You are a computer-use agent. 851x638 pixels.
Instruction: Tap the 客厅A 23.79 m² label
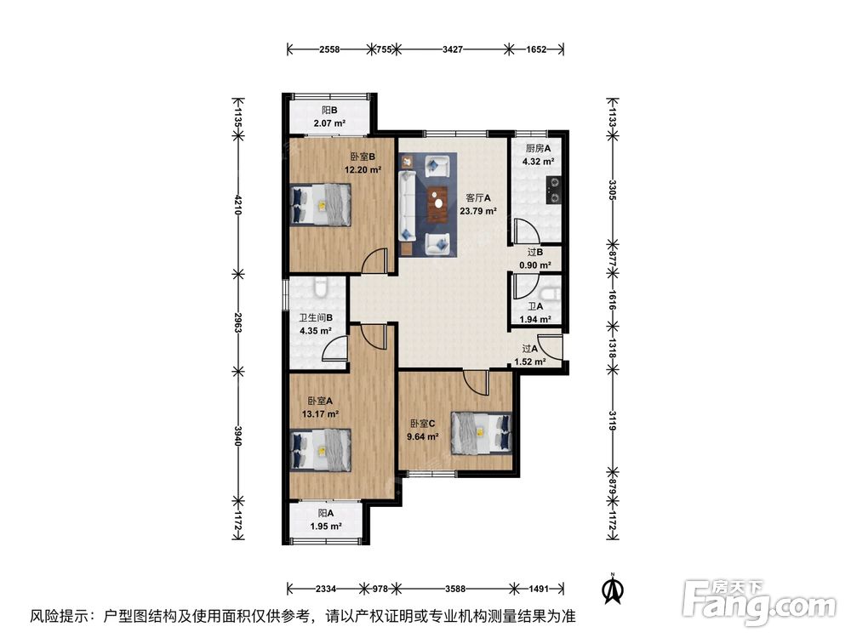pos(477,204)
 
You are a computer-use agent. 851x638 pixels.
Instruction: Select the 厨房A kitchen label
pos(539,154)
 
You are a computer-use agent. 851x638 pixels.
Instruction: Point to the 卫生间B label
pos(314,324)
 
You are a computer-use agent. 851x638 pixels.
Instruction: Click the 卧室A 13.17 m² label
pos(321,407)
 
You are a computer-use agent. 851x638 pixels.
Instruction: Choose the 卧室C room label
pos(422,430)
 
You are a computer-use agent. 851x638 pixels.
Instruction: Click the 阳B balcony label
pos(328,117)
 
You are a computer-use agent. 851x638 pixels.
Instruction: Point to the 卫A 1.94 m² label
pos(537,313)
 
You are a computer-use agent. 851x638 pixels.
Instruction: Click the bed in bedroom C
pos(482,431)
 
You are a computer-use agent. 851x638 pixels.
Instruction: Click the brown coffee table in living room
pos(438,197)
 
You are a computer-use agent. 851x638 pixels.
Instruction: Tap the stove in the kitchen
pos(556,189)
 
